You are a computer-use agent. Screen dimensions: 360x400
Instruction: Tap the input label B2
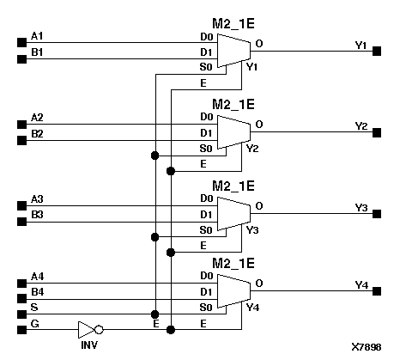37,134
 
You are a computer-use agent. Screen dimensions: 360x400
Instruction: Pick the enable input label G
34,323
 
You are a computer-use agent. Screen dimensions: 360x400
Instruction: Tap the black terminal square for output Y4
377,293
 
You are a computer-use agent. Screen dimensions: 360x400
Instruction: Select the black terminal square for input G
21,329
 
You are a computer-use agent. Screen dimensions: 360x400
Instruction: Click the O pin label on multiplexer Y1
259,43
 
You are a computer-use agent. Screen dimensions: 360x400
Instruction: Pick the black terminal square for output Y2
377,133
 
